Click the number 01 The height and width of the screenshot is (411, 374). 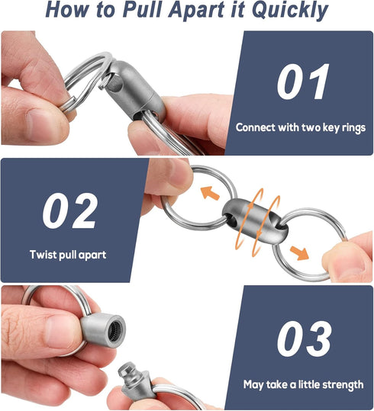click(x=303, y=82)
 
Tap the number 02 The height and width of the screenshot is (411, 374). click(x=70, y=211)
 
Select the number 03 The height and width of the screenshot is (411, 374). click(x=304, y=340)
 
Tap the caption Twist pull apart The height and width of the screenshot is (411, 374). click(x=68, y=255)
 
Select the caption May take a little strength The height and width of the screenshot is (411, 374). click(x=303, y=385)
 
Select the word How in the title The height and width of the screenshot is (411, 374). click(x=65, y=11)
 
